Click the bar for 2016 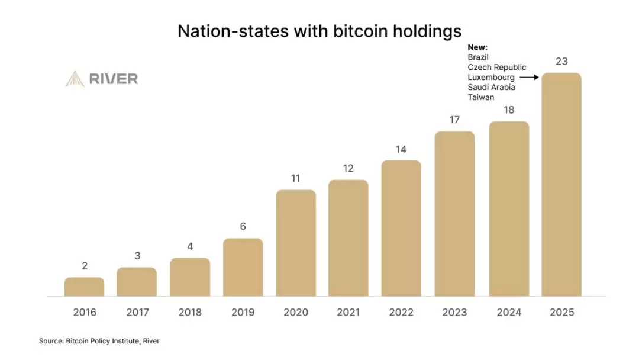pyautogui.click(x=84, y=287)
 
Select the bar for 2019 pyautogui.click(x=243, y=267)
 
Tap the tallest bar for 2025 pyautogui.click(x=561, y=184)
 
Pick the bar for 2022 pyautogui.click(x=401, y=228)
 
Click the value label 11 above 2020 pyautogui.click(x=296, y=178)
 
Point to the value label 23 pyautogui.click(x=561, y=61)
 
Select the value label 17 pyautogui.click(x=454, y=120)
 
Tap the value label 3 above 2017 pyautogui.click(x=137, y=256)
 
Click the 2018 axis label pyautogui.click(x=190, y=313)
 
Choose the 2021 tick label pyautogui.click(x=348, y=313)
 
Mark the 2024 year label pyautogui.click(x=509, y=313)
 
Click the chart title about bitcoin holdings pyautogui.click(x=319, y=31)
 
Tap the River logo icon pyautogui.click(x=75, y=79)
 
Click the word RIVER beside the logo pyautogui.click(x=114, y=79)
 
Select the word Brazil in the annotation pyautogui.click(x=478, y=57)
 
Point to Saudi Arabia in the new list pyautogui.click(x=491, y=87)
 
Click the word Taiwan pyautogui.click(x=480, y=97)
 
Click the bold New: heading pyautogui.click(x=477, y=47)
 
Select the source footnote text pyautogui.click(x=99, y=341)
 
